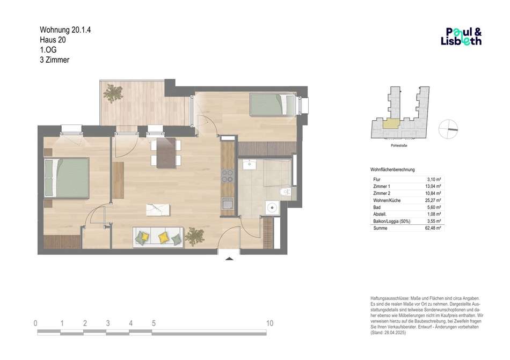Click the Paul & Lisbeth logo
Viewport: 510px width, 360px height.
tap(461, 36)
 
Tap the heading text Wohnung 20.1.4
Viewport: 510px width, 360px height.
tap(65, 30)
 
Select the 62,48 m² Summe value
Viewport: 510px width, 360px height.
tap(433, 228)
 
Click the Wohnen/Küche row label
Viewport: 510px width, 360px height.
tap(387, 200)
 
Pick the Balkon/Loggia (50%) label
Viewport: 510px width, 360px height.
tap(391, 221)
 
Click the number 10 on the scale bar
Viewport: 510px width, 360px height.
tap(269, 324)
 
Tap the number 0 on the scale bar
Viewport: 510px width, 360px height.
tap(35, 324)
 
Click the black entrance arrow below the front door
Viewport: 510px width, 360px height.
tap(229, 259)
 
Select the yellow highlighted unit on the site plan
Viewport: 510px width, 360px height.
tap(390, 123)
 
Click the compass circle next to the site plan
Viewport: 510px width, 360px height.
tap(448, 129)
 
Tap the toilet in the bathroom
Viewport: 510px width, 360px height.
tap(285, 192)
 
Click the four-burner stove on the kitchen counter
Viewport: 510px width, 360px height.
tap(228, 175)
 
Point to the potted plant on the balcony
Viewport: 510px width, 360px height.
tap(113, 93)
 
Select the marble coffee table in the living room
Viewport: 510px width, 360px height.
tap(158, 210)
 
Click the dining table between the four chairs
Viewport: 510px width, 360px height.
tap(166, 153)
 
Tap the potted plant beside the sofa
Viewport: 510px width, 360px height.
tap(194, 236)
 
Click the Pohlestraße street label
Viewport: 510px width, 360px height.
tap(399, 145)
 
